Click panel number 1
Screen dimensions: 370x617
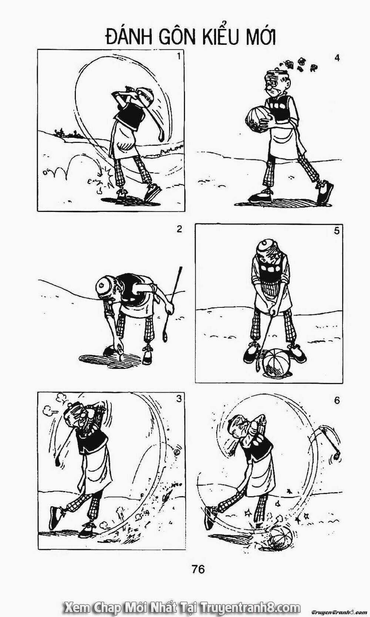pos(179,56)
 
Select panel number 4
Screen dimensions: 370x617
pos(337,58)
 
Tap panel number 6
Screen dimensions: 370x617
pos(337,400)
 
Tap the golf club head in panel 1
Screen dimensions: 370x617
pos(162,136)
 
